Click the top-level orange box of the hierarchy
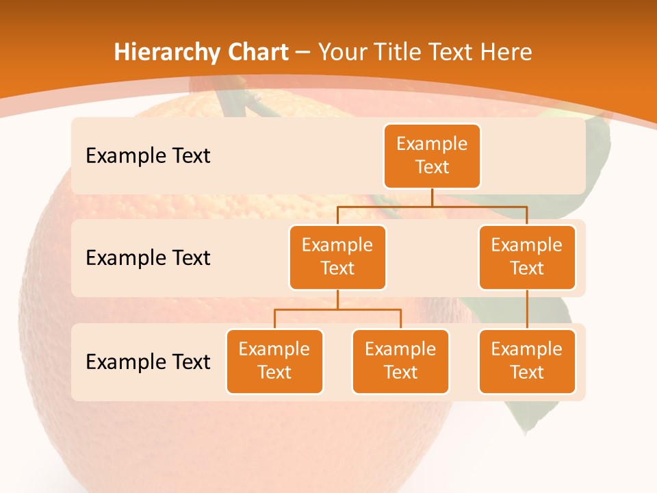(x=432, y=155)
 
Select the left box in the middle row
(x=337, y=257)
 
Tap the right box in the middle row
(x=527, y=257)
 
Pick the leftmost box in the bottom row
(x=274, y=361)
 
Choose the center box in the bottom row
(x=400, y=361)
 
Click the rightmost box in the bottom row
(x=527, y=361)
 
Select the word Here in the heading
(x=506, y=52)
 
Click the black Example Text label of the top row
(x=148, y=156)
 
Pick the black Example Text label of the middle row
(x=148, y=258)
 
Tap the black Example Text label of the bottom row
(x=148, y=362)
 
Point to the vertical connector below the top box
(x=432, y=198)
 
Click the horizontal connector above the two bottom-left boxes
(x=337, y=309)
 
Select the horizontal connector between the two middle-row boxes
(x=432, y=206)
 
